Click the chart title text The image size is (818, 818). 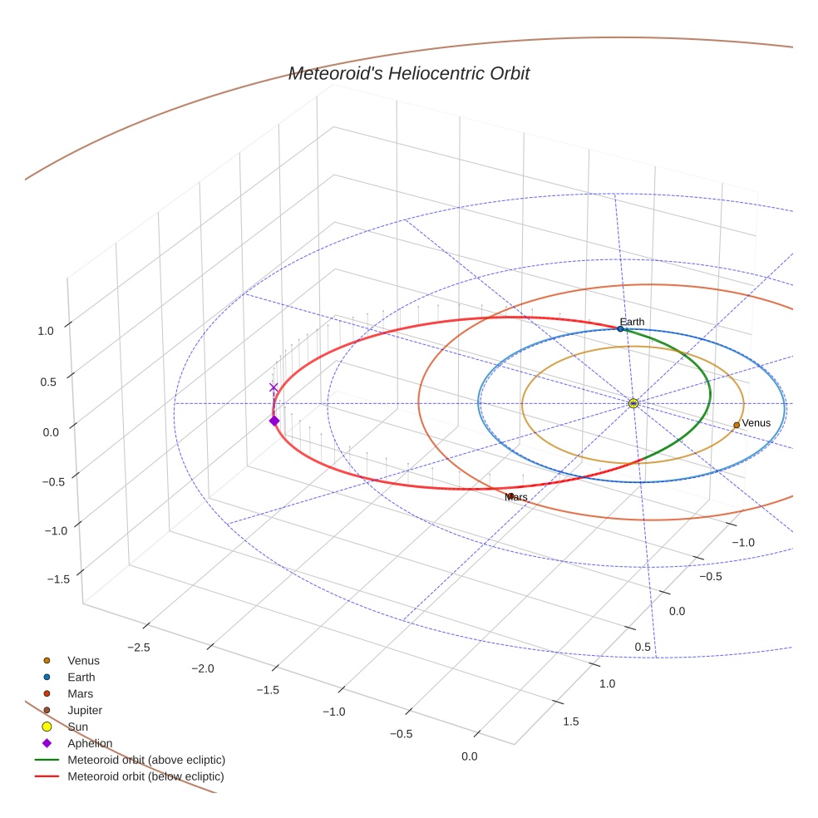click(x=409, y=73)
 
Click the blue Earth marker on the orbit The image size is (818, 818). click(x=620, y=328)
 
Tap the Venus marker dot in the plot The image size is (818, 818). click(x=737, y=425)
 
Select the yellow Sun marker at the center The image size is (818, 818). click(x=633, y=403)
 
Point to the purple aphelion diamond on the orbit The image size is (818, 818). click(x=274, y=421)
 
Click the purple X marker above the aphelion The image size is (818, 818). click(x=273, y=387)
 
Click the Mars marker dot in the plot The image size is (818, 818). click(x=510, y=496)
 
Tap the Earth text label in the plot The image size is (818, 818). click(x=632, y=322)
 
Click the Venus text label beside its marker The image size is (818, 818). click(x=756, y=423)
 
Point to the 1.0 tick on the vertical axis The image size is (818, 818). click(x=46, y=331)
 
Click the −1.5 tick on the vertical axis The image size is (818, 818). click(x=58, y=579)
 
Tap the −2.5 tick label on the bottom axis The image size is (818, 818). click(x=139, y=648)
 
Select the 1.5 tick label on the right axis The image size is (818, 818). click(x=571, y=722)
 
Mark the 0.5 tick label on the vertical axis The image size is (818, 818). click(x=48, y=382)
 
